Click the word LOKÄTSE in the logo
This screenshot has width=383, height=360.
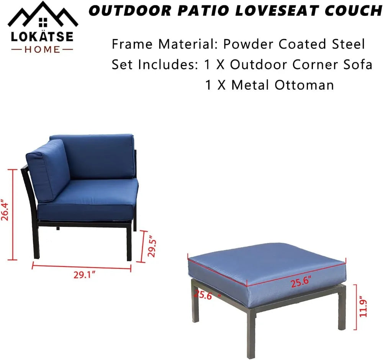click(x=42, y=37)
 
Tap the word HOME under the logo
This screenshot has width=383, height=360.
click(x=42, y=49)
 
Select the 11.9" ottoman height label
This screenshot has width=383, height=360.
click(x=363, y=307)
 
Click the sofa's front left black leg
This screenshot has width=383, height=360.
click(x=36, y=242)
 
